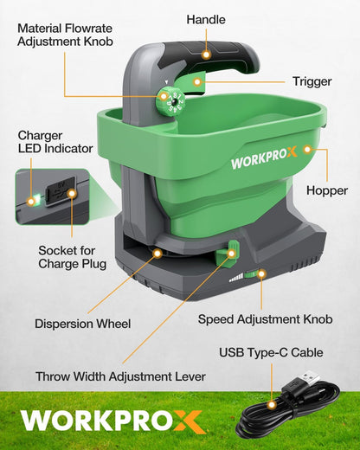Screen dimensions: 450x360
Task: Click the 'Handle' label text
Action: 206,19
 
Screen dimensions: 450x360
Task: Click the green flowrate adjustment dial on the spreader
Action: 171,101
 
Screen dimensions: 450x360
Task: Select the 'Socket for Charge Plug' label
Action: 72,256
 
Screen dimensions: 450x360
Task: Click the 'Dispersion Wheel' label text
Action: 84,324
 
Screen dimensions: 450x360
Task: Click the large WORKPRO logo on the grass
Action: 111,421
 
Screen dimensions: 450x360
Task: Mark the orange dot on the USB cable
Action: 271,404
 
